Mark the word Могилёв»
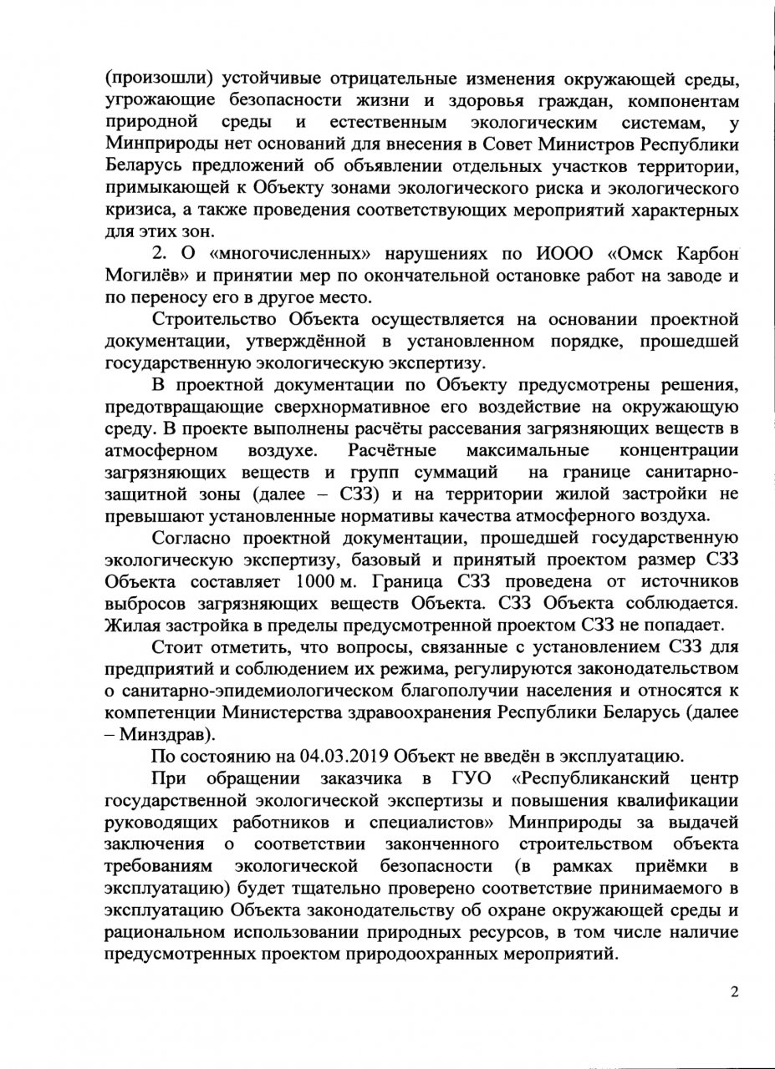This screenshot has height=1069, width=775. click(x=146, y=276)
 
